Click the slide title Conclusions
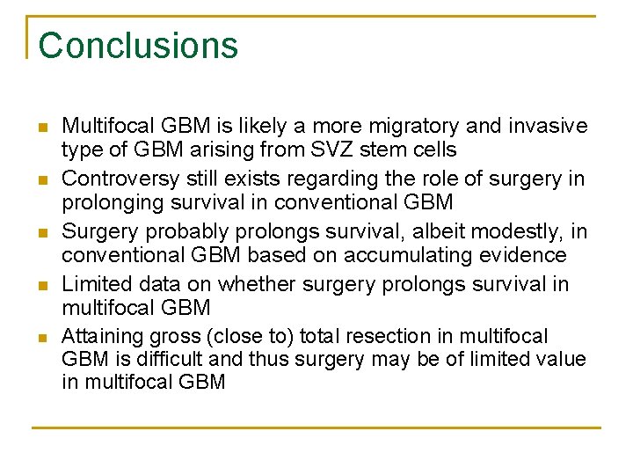(x=138, y=46)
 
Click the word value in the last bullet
(x=561, y=359)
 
